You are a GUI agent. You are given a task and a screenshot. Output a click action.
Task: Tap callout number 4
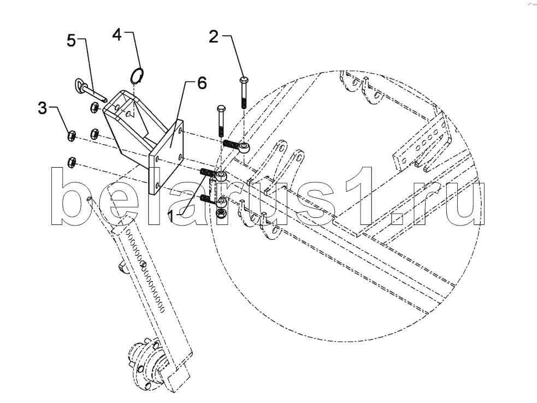pyautogui.click(x=117, y=34)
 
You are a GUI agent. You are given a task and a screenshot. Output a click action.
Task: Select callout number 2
pyautogui.click(x=214, y=37)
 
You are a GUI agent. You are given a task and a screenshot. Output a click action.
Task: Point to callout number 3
pyautogui.click(x=42, y=108)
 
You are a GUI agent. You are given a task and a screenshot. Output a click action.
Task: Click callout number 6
pyautogui.click(x=201, y=83)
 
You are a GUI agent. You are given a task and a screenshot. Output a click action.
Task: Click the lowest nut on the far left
pyautogui.click(x=70, y=161)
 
